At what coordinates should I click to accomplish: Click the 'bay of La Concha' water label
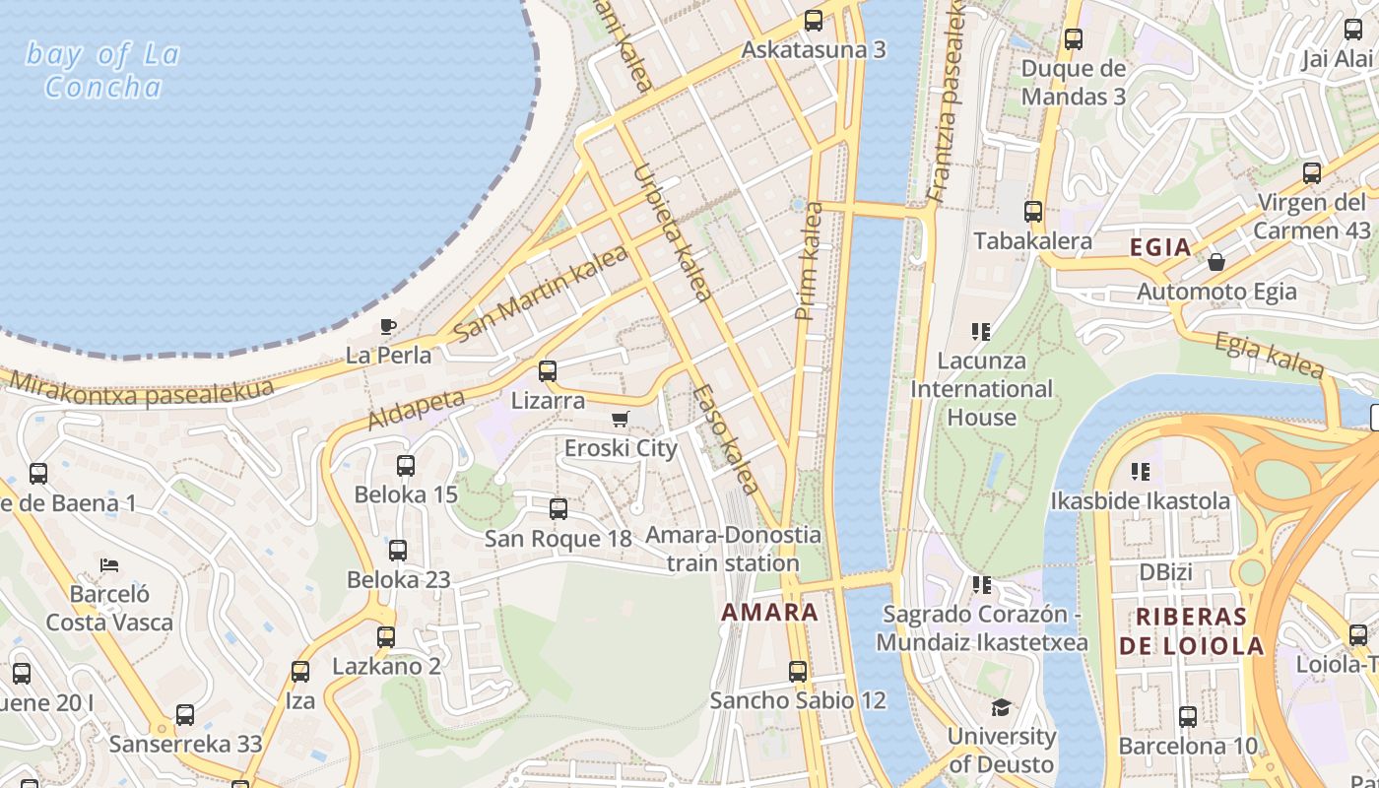[102, 70]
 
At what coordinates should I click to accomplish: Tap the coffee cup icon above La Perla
[388, 326]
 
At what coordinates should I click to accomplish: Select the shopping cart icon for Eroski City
[621, 420]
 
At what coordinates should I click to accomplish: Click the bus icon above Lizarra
[548, 371]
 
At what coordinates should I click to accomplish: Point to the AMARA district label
[769, 612]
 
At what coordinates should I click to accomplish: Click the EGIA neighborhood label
[1160, 247]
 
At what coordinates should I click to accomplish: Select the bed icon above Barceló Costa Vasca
[109, 565]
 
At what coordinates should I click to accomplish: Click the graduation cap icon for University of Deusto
[1001, 707]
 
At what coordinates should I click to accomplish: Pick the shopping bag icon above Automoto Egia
[1216, 262]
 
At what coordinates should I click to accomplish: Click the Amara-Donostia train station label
[733, 550]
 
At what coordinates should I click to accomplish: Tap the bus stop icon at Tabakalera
[1032, 211]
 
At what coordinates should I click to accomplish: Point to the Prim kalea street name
[808, 262]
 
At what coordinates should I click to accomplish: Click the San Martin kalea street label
[541, 293]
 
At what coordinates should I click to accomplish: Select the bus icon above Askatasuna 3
[814, 20]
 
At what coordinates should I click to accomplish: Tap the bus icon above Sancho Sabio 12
[798, 672]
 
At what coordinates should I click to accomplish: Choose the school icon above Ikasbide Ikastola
[1141, 472]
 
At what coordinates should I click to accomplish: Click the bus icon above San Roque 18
[558, 509]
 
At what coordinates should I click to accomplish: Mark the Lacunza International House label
[981, 389]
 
